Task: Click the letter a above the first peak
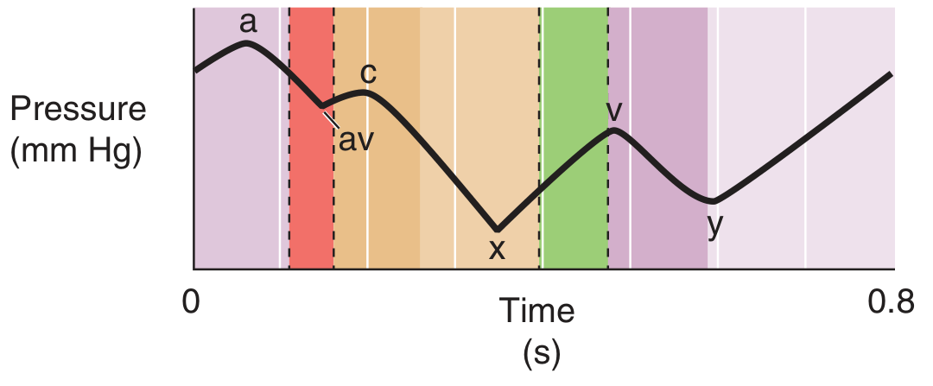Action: click(x=249, y=24)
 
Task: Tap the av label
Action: click(x=354, y=140)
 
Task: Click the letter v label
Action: click(x=614, y=111)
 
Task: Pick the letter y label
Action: click(x=714, y=224)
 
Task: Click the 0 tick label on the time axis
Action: click(x=191, y=302)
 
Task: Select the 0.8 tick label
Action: click(x=890, y=302)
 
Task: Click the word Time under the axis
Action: click(x=540, y=312)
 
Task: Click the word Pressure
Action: click(x=79, y=112)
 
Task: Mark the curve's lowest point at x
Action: click(x=497, y=229)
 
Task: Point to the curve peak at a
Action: click(x=247, y=42)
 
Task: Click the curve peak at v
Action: click(x=612, y=130)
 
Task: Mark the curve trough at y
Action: click(x=711, y=201)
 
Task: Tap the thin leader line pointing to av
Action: click(x=331, y=119)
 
